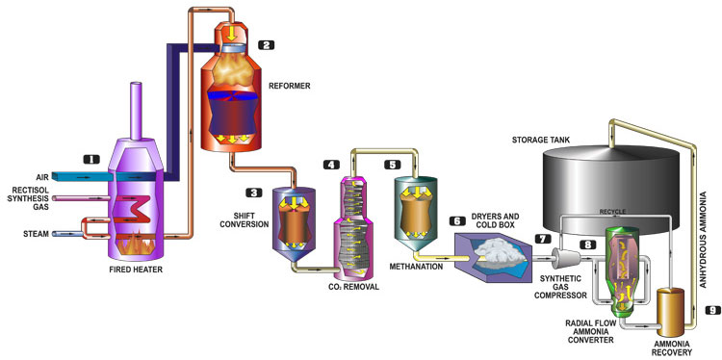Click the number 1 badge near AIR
(x=91, y=159)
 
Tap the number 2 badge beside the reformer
(x=267, y=44)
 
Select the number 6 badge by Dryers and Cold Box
(x=456, y=221)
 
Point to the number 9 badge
(x=711, y=311)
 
